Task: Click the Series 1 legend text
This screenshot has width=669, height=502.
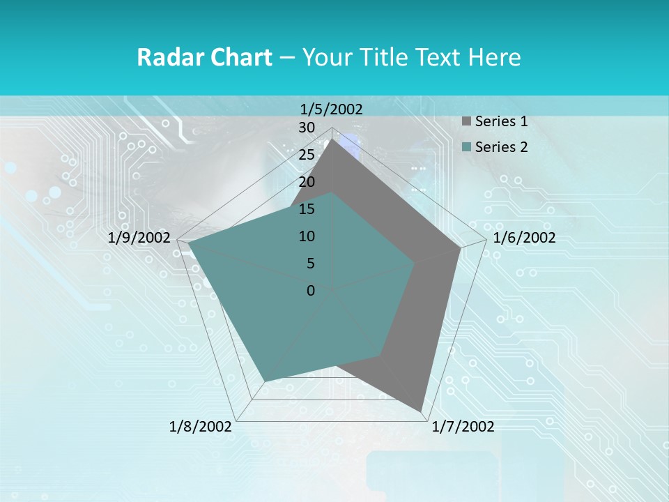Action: point(501,121)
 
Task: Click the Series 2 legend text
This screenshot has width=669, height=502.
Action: point(501,147)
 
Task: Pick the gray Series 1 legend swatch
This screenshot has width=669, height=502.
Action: point(466,122)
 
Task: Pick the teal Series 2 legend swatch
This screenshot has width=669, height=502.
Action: point(466,148)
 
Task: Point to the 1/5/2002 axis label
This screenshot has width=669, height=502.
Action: point(332,109)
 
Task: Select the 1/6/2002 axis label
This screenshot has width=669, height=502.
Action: point(524,238)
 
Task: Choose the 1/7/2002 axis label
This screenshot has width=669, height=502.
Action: point(463,427)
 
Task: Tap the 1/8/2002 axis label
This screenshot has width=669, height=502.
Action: point(201,427)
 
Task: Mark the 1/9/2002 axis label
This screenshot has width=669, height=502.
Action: point(139,238)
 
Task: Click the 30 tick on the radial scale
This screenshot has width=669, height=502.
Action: point(307,128)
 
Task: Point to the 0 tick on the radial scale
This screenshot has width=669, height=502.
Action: point(311,291)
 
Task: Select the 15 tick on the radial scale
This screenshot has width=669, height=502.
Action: point(307,209)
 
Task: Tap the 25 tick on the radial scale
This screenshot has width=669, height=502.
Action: point(307,155)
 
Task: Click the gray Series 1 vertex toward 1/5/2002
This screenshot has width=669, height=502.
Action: point(332,139)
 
